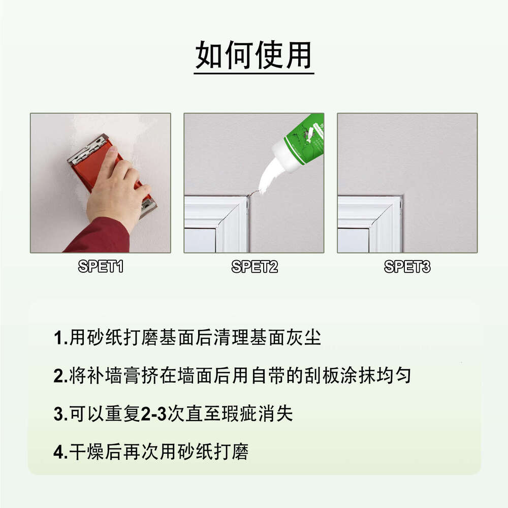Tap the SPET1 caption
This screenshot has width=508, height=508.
[x=101, y=266]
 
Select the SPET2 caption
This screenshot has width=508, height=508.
[x=255, y=266]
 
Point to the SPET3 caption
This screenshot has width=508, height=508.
[x=407, y=266]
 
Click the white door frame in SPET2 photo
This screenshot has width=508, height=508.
[x=216, y=224]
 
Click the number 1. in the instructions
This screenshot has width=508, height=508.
[x=60, y=338]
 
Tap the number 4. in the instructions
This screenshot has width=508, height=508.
[x=60, y=452]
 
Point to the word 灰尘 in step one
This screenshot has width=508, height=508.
[x=306, y=338]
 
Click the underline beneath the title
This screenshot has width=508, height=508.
[x=253, y=74]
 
